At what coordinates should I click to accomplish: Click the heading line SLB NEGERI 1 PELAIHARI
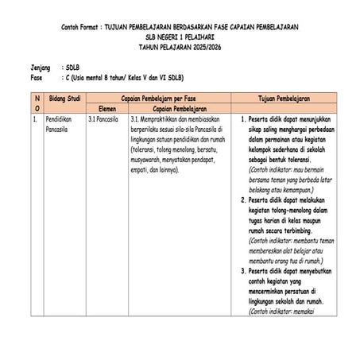click(179, 37)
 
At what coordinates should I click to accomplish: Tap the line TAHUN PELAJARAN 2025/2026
click(179, 47)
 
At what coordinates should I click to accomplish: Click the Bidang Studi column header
click(64, 97)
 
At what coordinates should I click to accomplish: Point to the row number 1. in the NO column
click(36, 118)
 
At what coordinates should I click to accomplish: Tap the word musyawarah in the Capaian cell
click(147, 159)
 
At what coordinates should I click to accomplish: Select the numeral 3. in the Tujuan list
click(242, 271)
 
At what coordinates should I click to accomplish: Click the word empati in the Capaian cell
click(138, 168)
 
